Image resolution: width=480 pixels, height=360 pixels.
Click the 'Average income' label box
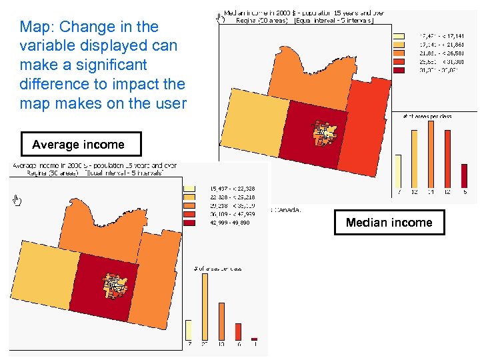[x=78, y=145]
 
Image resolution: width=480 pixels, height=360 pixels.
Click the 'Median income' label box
[x=389, y=223]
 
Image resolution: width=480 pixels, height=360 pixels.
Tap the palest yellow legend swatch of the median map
[x=399, y=35]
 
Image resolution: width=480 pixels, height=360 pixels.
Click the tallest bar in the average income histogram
[x=204, y=306]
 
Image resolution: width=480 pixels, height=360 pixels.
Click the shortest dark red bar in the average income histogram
[x=254, y=339]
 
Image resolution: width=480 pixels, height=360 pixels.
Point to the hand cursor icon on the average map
[x=17, y=201]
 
